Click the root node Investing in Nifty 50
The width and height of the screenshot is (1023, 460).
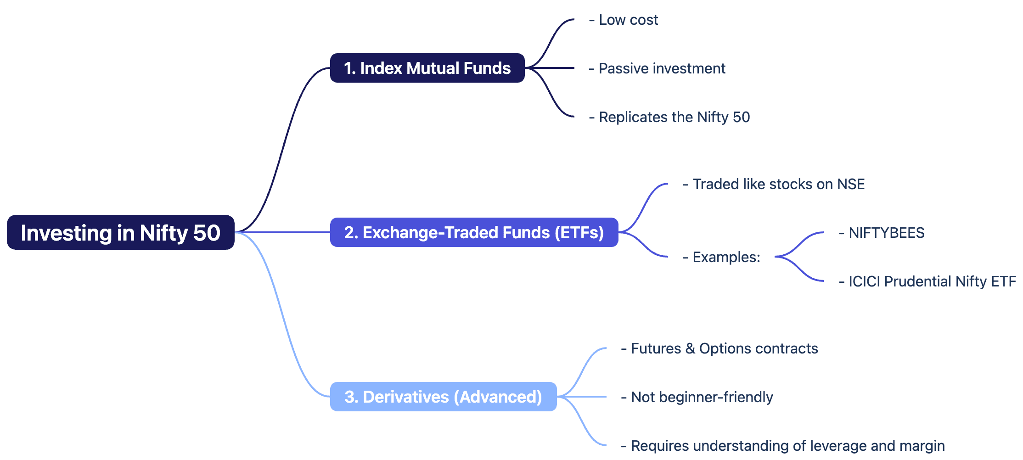tap(121, 232)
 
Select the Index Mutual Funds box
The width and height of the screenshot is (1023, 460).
tap(427, 68)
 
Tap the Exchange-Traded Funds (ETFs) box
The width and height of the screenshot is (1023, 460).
tap(474, 232)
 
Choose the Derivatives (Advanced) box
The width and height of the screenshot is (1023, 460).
tap(444, 397)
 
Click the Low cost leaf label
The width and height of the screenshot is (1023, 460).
tap(624, 20)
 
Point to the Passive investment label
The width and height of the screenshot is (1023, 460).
tap(657, 68)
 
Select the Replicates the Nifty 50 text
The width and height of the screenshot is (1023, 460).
tap(669, 117)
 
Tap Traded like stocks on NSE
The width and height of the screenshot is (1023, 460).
tap(774, 184)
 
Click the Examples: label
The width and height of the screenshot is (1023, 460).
tap(721, 257)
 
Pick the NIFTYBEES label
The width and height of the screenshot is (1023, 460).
tap(882, 233)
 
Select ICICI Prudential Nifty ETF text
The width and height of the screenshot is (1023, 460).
tap(927, 281)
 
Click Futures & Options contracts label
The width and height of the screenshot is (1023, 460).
tap(719, 348)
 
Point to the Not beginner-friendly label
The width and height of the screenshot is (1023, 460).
tap(697, 397)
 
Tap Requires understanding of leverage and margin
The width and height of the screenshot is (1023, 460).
tap(783, 446)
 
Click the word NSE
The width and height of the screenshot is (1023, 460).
tap(851, 184)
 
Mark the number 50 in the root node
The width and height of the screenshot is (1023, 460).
tap(207, 233)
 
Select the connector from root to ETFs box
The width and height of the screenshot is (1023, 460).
tap(282, 232)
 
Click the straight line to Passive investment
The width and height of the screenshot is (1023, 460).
tap(550, 68)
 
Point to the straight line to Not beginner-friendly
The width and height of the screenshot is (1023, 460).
tap(582, 397)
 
